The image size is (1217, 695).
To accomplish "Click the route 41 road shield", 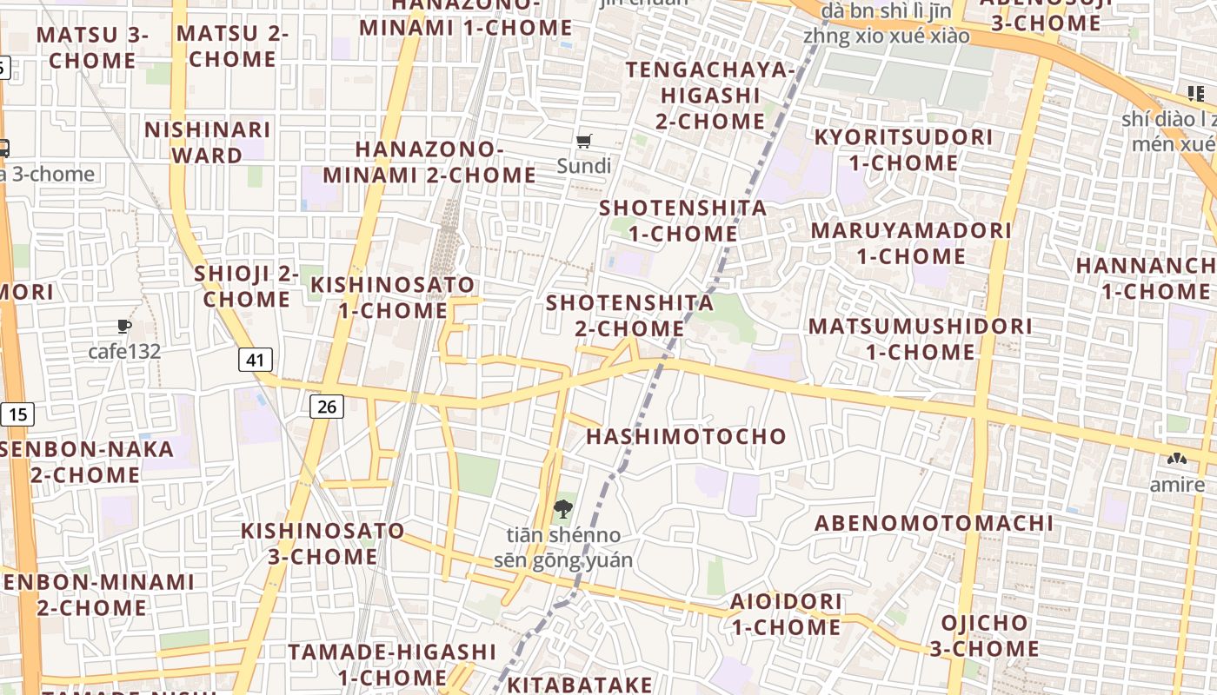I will coord(255,360).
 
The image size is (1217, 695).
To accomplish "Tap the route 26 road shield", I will coord(327,406).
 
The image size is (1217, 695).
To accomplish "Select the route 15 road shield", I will coord(17,414).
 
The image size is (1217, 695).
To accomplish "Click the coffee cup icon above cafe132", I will coord(124,327).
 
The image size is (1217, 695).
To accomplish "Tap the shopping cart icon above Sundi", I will coord(584,141).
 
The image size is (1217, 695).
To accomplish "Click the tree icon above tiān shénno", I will coord(563,509).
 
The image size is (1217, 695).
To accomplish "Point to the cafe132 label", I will coord(124,352).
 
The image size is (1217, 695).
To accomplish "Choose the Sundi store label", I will coord(584,166).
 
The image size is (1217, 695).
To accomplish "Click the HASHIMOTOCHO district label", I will coord(686,436).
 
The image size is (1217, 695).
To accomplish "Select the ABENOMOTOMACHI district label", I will coord(934,523).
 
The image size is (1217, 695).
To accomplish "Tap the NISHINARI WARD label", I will coord(207,142).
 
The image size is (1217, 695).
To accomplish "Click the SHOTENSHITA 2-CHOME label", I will coord(630,315).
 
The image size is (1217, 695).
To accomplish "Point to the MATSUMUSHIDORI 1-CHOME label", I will coord(921,339).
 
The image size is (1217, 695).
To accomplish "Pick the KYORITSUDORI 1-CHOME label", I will coord(903,149).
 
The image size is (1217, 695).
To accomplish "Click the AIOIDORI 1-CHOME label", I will coord(786,613).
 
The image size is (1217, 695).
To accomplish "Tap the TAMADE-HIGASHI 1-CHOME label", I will coord(392,664).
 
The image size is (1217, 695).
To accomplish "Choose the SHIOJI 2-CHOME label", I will coord(247,286).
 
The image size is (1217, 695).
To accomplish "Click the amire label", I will coord(1177,485).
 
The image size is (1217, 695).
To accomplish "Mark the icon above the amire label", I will coord(1177,460).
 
